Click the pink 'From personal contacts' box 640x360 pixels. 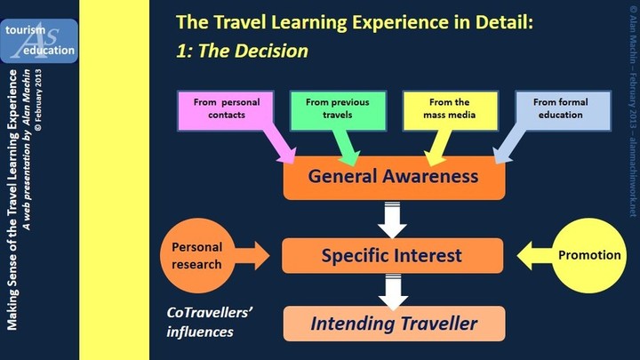[x=226, y=110]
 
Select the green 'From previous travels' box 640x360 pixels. [x=338, y=110]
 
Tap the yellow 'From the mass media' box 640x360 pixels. [x=450, y=110]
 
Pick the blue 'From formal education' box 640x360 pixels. [x=563, y=110]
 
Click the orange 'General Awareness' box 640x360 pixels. [x=395, y=178]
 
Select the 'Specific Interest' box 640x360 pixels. [x=392, y=255]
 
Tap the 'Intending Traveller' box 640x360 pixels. [x=395, y=324]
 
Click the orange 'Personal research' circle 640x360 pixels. [x=197, y=255]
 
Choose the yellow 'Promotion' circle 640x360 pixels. [x=589, y=255]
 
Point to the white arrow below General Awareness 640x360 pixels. [x=392, y=220]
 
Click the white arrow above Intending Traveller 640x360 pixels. [x=393, y=292]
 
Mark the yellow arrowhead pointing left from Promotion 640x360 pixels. [x=524, y=255]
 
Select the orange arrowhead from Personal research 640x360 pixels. [x=262, y=255]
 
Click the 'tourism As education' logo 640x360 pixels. [x=39, y=41]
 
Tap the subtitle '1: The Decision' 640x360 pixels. [x=242, y=51]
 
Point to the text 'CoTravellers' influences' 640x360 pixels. [x=210, y=322]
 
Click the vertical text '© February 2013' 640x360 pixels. [x=38, y=100]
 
